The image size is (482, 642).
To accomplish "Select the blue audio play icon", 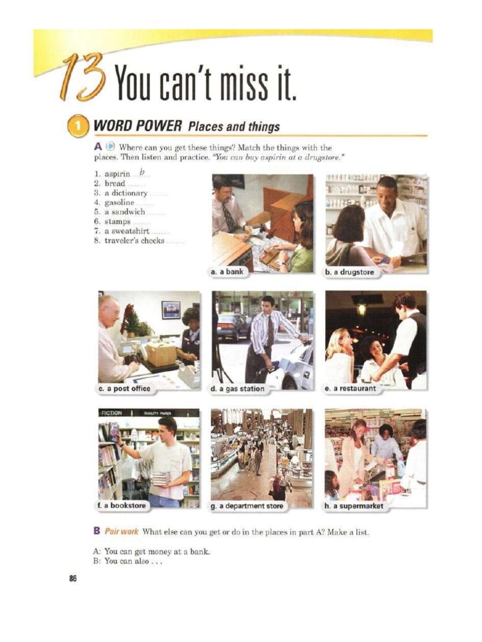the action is click(x=110, y=147).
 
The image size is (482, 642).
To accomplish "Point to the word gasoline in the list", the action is click(x=119, y=203).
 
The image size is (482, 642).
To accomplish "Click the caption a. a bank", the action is click(x=227, y=271).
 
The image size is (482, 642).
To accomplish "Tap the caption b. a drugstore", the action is click(x=350, y=272).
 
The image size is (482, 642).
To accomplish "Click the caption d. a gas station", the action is click(x=238, y=389).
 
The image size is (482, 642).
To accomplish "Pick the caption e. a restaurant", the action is click(x=350, y=389).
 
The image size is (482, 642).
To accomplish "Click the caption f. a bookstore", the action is click(x=122, y=506).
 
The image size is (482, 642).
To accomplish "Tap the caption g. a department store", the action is click(x=247, y=506).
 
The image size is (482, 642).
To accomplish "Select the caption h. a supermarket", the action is click(x=354, y=506).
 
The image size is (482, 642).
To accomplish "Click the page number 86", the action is click(x=73, y=579).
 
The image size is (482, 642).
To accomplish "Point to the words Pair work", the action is click(x=121, y=532).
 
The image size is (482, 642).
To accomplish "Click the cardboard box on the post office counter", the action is click(x=161, y=354).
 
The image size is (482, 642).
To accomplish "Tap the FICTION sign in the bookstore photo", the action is click(x=112, y=413).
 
